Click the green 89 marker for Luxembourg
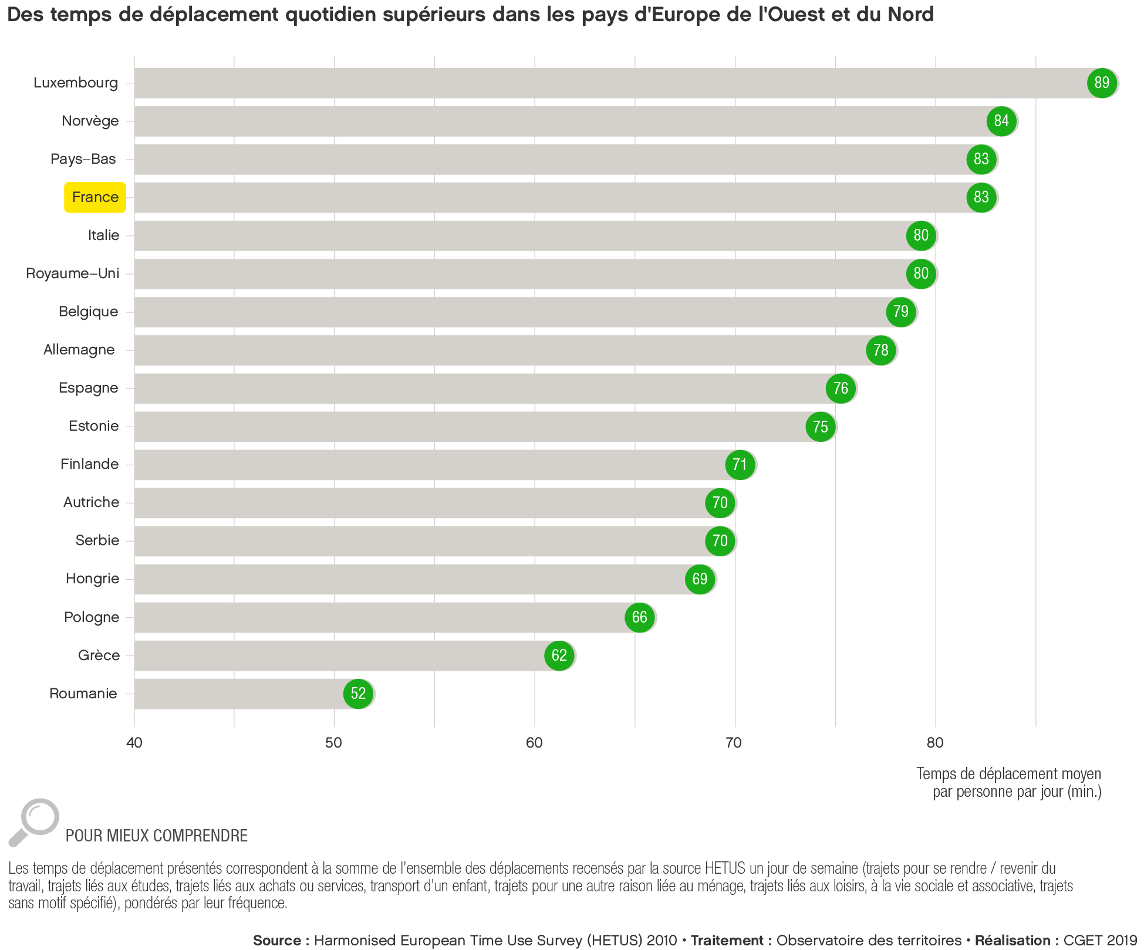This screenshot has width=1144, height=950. coord(1102,83)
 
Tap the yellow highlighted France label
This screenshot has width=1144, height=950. coord(95,197)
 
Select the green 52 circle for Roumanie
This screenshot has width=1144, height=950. coord(358,694)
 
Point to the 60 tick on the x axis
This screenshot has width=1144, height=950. coord(534,743)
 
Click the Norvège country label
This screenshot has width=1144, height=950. coord(90,121)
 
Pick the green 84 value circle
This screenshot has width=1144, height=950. coord(1001,121)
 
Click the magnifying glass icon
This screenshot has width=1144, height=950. coord(34,821)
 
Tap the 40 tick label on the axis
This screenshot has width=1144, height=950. coord(134,743)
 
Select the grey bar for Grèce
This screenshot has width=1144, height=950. coord(340,655)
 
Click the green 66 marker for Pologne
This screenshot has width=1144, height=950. coord(639,617)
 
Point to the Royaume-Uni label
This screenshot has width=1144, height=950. coord(73,273)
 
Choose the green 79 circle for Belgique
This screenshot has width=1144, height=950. coord(901,312)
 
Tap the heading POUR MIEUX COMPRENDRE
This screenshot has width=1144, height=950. coord(157,836)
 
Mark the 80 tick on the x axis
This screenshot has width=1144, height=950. coord(935,743)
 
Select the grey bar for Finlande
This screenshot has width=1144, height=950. coord(428,465)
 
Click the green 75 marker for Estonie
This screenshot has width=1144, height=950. coord(821,427)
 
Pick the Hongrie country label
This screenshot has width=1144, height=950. coord(92,579)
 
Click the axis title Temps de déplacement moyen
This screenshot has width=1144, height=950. coord(1008,774)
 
